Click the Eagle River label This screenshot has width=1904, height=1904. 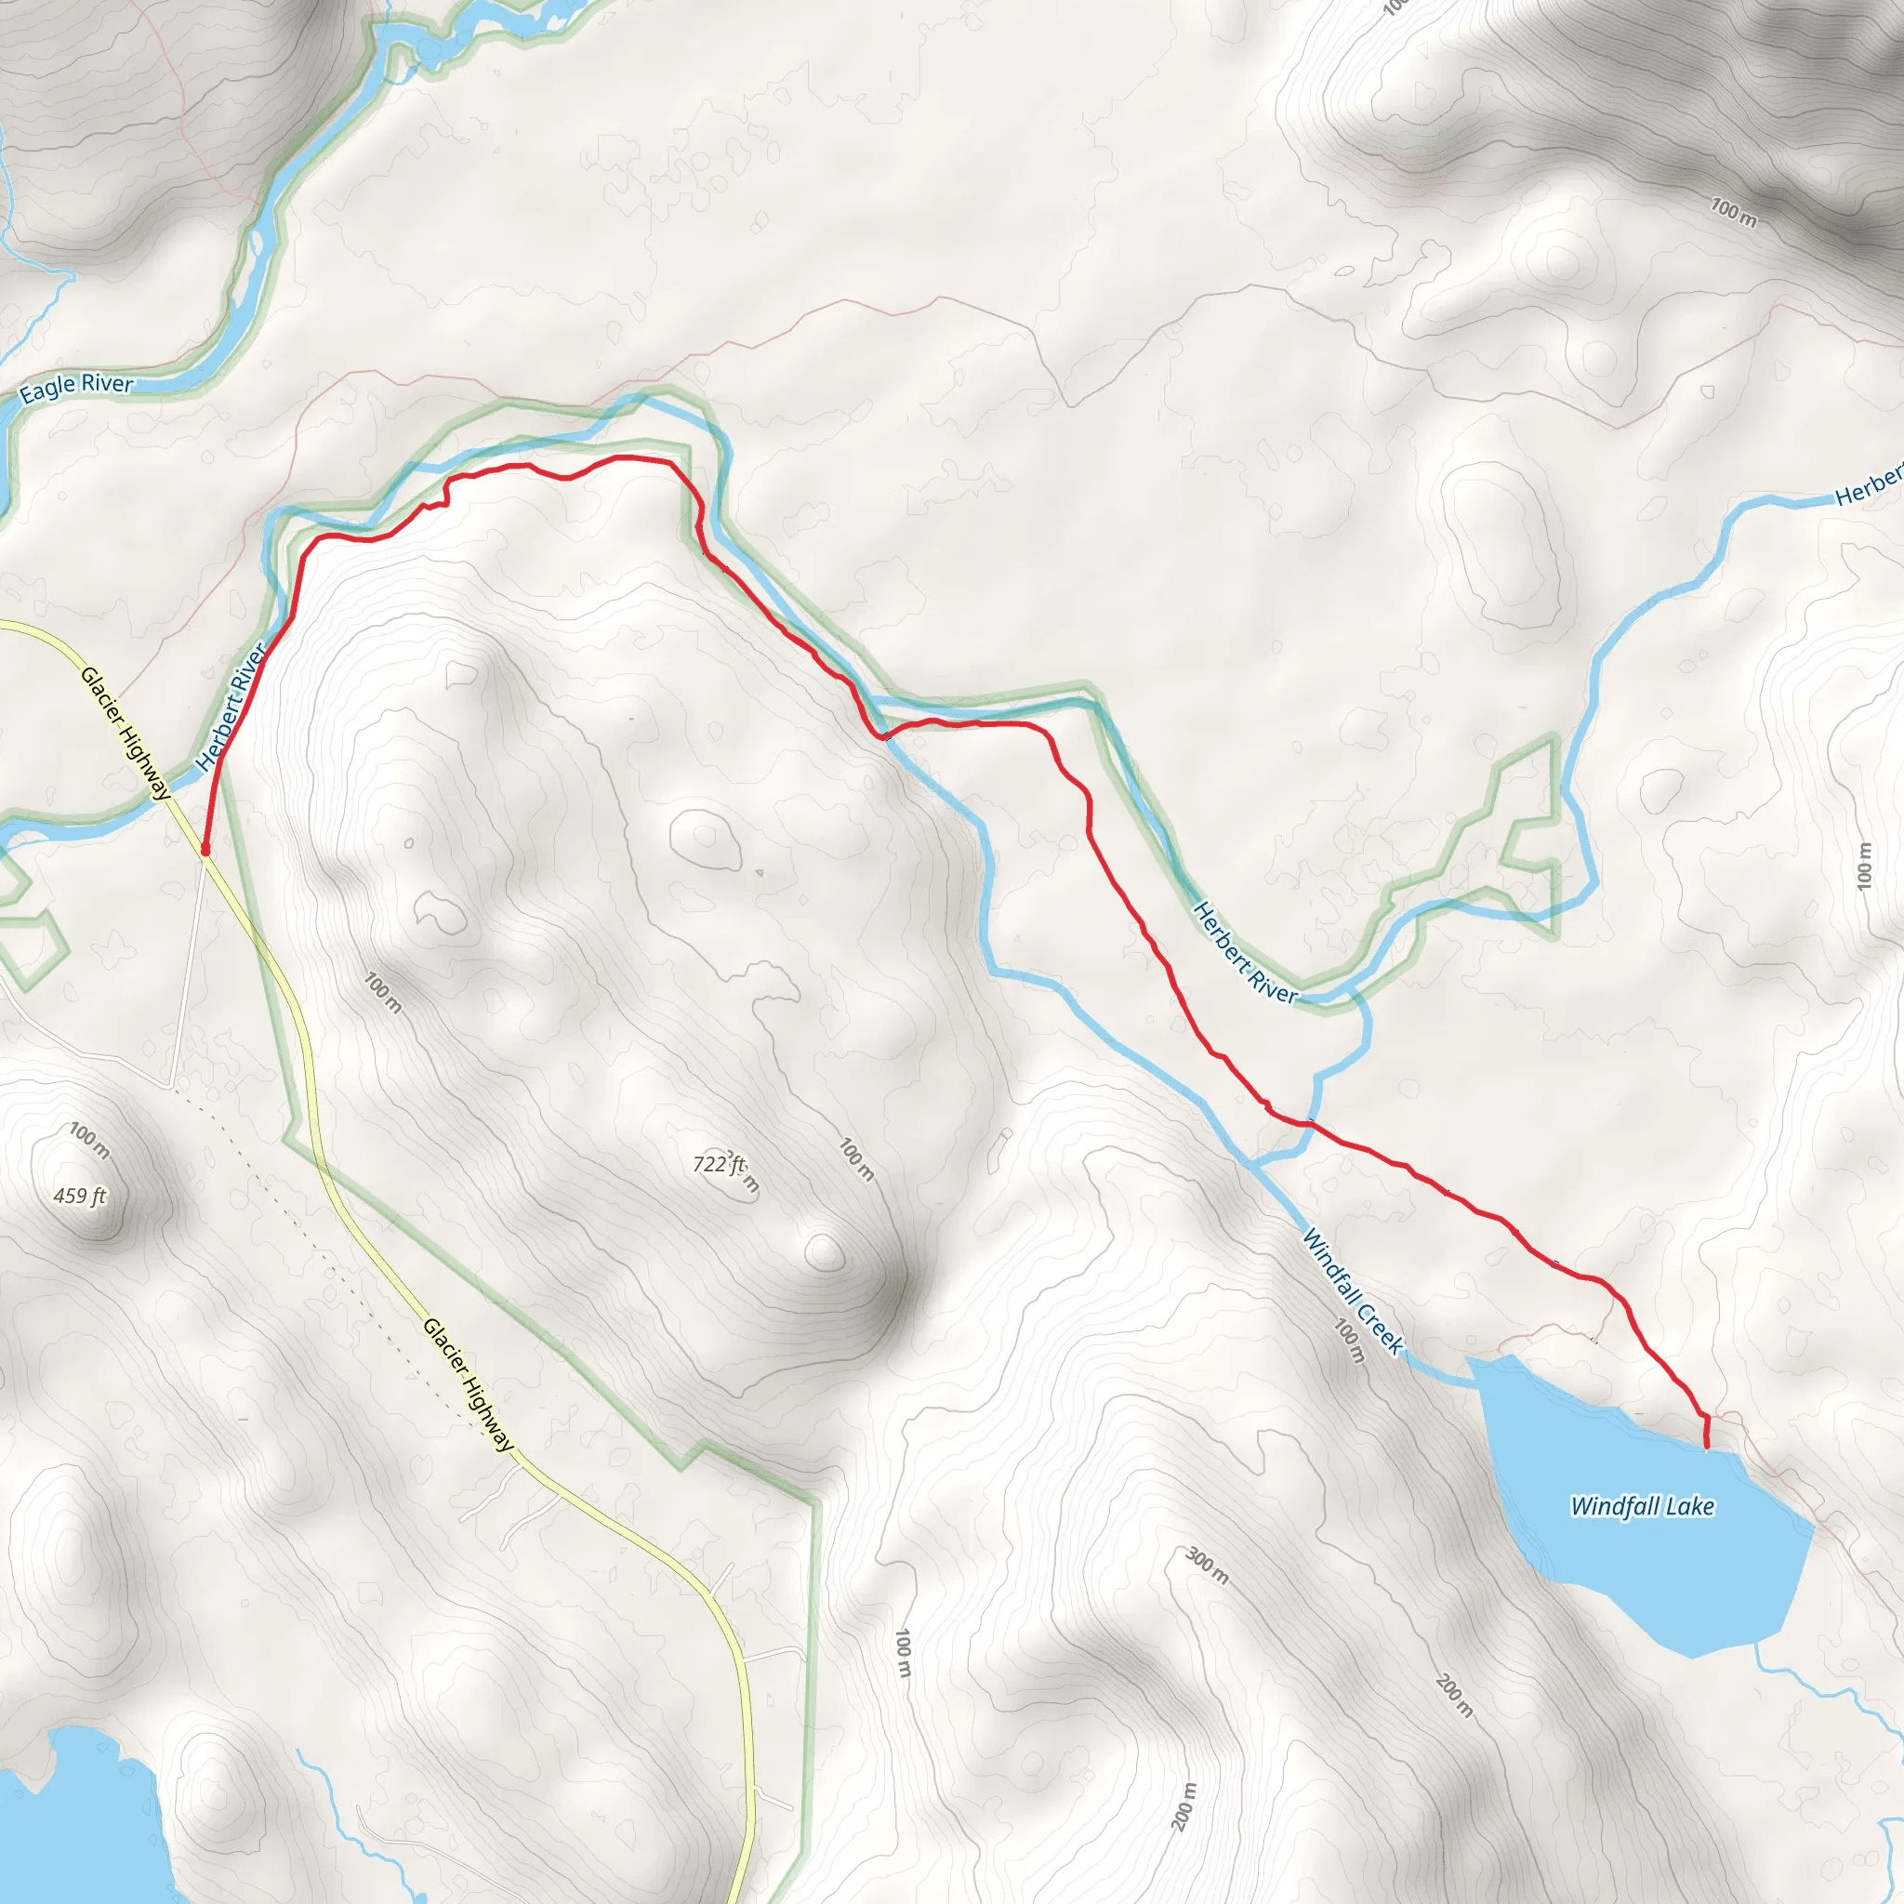77,387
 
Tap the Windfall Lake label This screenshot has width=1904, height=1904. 1642,1506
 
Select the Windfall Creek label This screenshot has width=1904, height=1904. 1352,1291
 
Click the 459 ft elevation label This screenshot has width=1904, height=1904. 80,1197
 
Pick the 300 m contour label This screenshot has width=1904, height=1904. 1206,1565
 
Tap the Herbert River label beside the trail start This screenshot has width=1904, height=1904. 231,707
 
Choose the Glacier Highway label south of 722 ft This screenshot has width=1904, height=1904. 469,1384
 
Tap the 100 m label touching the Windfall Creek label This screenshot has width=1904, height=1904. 1350,1341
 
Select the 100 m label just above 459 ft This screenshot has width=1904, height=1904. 89,1140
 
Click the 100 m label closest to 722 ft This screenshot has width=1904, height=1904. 855,1159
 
